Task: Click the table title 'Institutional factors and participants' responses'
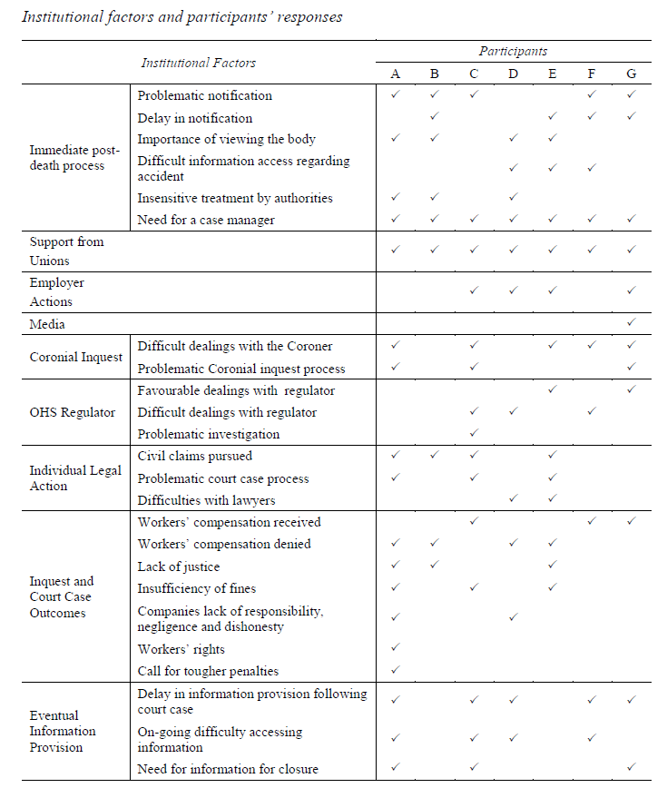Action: click(x=182, y=17)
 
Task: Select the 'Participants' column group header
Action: click(x=513, y=52)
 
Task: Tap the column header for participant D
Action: click(x=513, y=74)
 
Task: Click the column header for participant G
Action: click(x=632, y=74)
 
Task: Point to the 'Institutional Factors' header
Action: click(x=198, y=63)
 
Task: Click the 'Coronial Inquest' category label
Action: click(x=75, y=357)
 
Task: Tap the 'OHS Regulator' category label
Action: click(x=73, y=412)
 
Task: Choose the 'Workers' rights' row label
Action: click(x=181, y=649)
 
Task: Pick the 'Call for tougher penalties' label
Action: click(x=208, y=671)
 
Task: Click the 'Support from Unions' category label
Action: click(x=66, y=251)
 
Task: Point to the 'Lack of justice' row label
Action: click(x=178, y=566)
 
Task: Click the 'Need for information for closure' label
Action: click(x=228, y=769)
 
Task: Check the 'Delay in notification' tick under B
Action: click(x=435, y=117)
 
